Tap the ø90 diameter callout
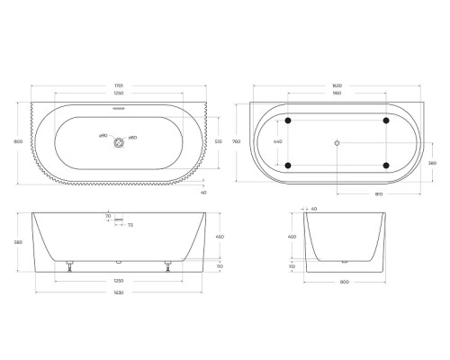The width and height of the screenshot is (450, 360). [x=103, y=137]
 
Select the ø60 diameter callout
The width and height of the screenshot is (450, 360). [x=132, y=137]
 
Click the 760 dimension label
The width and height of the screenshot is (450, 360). [x=236, y=141]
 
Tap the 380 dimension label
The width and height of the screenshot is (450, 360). [x=433, y=163]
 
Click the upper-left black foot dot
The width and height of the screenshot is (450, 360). [x=288, y=120]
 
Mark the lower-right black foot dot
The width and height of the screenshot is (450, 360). [x=385, y=165]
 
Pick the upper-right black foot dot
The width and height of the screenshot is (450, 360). [x=385, y=120]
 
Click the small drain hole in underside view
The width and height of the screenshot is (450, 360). [x=337, y=142]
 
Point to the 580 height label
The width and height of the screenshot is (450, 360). [x=18, y=241]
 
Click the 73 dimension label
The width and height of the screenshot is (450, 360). [x=130, y=225]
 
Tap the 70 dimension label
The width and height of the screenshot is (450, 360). [x=108, y=217]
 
